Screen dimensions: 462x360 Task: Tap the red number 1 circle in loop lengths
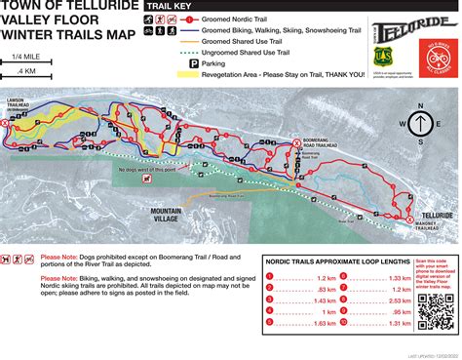pyautogui.click(x=275, y=277)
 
